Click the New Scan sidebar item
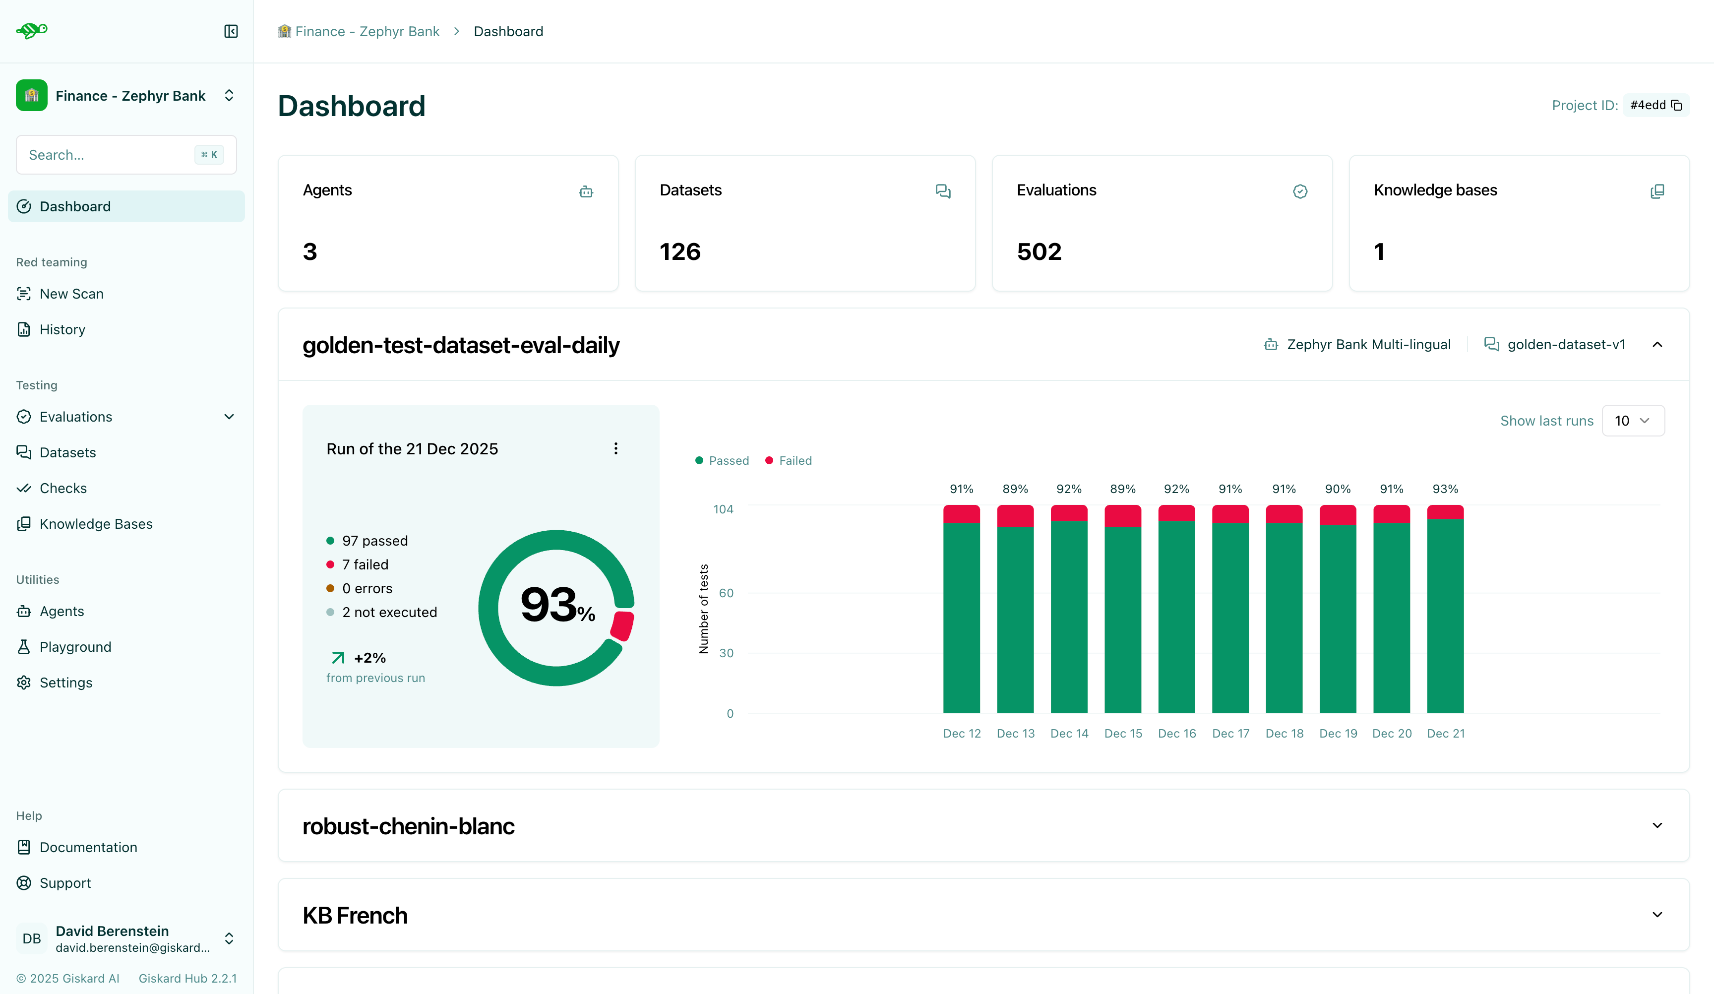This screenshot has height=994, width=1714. pos(71,294)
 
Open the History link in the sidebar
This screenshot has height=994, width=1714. pos(62,329)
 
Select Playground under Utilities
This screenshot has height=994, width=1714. pos(75,647)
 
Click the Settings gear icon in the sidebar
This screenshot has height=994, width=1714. pos(24,683)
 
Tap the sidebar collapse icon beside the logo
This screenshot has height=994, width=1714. pos(231,31)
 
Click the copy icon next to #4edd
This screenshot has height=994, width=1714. pos(1677,106)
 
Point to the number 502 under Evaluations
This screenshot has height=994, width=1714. pos(1039,252)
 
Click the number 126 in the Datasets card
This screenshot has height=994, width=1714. pos(679,252)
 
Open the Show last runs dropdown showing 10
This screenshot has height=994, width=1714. pos(1632,421)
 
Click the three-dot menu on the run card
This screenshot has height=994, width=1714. pos(615,448)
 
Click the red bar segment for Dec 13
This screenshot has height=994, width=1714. pos(1015,516)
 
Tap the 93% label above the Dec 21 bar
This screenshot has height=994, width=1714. pos(1445,489)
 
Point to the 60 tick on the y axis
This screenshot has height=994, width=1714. pos(726,593)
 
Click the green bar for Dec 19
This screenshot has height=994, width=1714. pos(1337,619)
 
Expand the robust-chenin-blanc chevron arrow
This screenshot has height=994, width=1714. pos(1657,825)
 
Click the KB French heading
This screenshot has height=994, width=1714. pos(355,916)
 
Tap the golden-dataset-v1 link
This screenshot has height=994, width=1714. pos(1565,345)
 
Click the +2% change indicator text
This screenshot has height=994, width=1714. pos(369,658)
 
